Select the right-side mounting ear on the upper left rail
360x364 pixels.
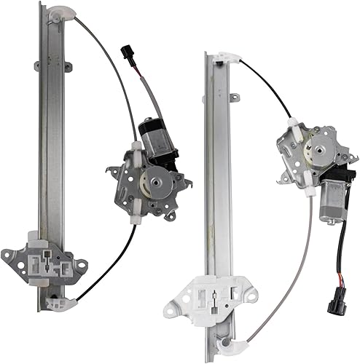coord(69,68)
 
